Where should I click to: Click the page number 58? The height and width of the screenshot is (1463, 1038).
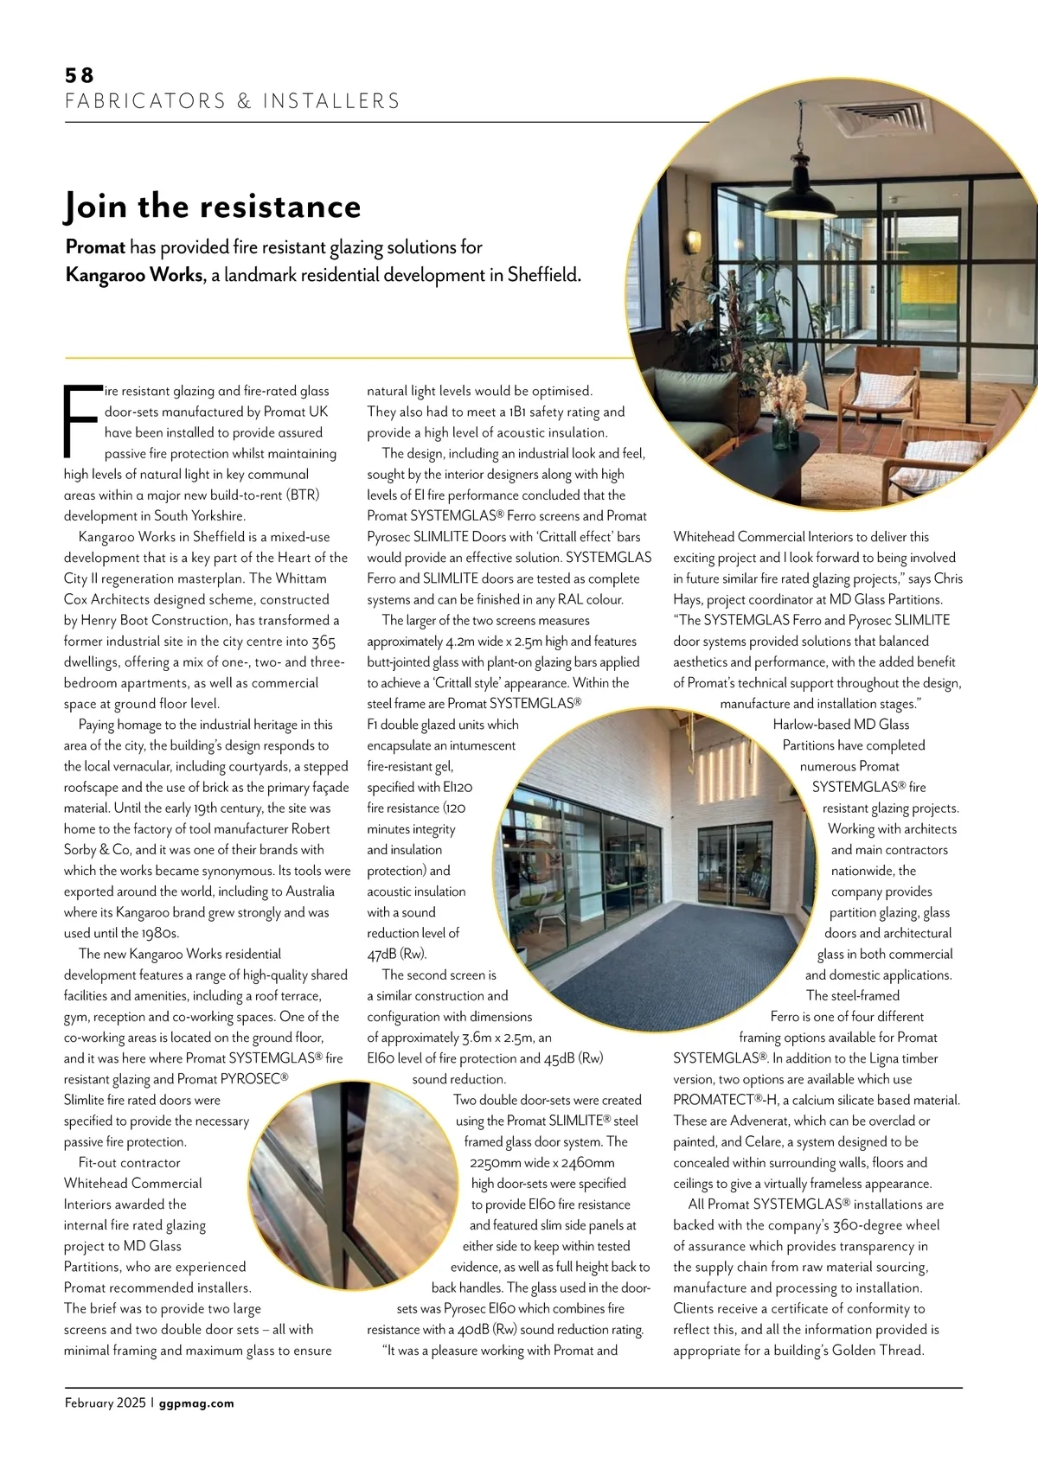(79, 76)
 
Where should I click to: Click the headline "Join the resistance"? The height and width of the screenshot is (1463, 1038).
(213, 207)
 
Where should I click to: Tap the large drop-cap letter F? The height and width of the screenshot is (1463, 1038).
(80, 422)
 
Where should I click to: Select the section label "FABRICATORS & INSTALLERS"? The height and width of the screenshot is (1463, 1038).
(233, 101)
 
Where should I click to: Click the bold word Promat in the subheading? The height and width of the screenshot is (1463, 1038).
(95, 247)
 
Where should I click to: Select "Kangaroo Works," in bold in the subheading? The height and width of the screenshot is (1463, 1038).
(136, 276)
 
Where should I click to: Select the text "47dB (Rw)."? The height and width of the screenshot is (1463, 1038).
(397, 954)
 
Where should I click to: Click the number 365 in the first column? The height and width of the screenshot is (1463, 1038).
(324, 642)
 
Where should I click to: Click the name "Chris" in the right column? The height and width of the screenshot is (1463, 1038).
(948, 578)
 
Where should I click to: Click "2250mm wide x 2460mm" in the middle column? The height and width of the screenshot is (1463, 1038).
(542, 1163)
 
